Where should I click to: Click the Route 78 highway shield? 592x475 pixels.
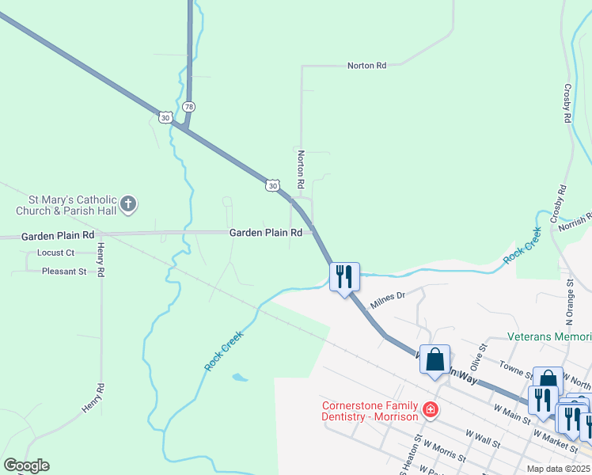pyautogui.click(x=188, y=106)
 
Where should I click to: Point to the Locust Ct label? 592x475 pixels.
pyautogui.click(x=55, y=253)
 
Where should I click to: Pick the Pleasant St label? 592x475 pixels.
pyautogui.click(x=65, y=272)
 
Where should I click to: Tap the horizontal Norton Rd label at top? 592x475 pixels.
pyautogui.click(x=366, y=66)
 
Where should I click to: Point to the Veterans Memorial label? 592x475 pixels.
pyautogui.click(x=549, y=336)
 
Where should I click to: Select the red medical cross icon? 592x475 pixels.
pyautogui.click(x=430, y=409)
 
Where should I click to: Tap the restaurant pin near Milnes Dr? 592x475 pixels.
pyautogui.click(x=344, y=276)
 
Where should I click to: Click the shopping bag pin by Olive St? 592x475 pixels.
pyautogui.click(x=435, y=359)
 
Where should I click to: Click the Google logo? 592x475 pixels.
pyautogui.click(x=26, y=465)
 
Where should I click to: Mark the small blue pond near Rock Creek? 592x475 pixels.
pyautogui.click(x=241, y=377)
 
